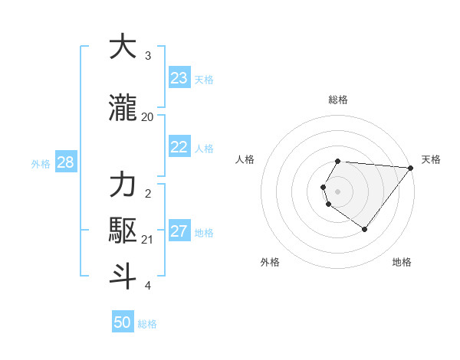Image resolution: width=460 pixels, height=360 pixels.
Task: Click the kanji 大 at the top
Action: coord(123,47)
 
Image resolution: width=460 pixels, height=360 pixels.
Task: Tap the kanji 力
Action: coord(123,185)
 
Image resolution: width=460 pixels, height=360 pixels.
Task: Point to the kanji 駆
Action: coord(123,231)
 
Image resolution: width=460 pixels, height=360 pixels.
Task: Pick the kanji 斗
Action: coord(123,277)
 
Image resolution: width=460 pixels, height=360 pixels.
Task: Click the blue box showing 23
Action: coord(179,78)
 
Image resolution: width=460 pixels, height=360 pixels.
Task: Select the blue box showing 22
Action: coord(179,147)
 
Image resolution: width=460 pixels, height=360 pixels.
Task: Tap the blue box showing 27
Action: coord(179,231)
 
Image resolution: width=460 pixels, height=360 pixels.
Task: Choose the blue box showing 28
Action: coord(64,162)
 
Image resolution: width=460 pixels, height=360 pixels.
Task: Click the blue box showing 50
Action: coord(123,322)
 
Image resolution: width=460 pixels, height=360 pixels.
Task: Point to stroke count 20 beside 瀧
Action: coord(147,117)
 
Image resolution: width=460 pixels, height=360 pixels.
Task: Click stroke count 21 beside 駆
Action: coord(147,240)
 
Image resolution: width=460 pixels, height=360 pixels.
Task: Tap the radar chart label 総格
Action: coord(338,100)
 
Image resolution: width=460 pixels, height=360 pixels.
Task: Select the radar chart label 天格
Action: coord(431,159)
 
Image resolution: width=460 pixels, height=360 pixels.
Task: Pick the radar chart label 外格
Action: coord(270,262)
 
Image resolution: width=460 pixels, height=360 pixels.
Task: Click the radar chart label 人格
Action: coord(245,159)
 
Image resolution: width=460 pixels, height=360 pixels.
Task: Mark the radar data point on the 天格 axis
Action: coord(411,168)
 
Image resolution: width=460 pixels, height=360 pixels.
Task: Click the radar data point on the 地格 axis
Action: coord(364,229)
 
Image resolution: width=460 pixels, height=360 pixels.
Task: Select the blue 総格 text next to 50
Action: coord(147,324)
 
